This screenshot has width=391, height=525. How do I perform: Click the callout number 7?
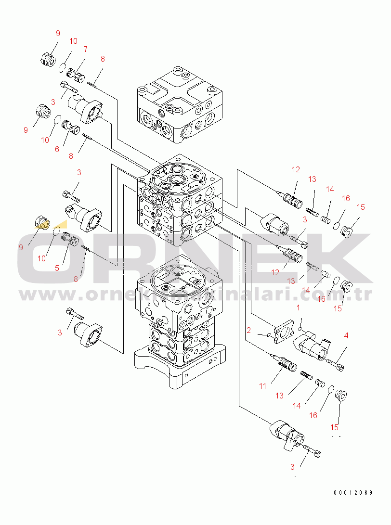click(85, 49)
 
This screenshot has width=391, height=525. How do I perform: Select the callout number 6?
click(57, 149)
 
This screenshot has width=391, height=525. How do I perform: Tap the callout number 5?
click(57, 268)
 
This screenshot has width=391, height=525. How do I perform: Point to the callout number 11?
click(263, 386)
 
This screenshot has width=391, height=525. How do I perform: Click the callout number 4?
click(346, 335)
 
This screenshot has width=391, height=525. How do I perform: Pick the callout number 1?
click(298, 307)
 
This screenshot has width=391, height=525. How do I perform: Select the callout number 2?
click(248, 331)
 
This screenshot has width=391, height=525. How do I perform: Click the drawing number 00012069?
click(353, 493)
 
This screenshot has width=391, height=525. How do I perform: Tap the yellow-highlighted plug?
click(42, 223)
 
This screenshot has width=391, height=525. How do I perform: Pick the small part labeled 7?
click(76, 76)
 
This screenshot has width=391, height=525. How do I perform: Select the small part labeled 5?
click(70, 239)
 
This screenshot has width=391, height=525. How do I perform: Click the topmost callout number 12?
click(296, 170)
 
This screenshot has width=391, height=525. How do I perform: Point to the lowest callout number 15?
click(334, 427)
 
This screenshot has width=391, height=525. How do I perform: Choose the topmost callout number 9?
click(58, 34)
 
